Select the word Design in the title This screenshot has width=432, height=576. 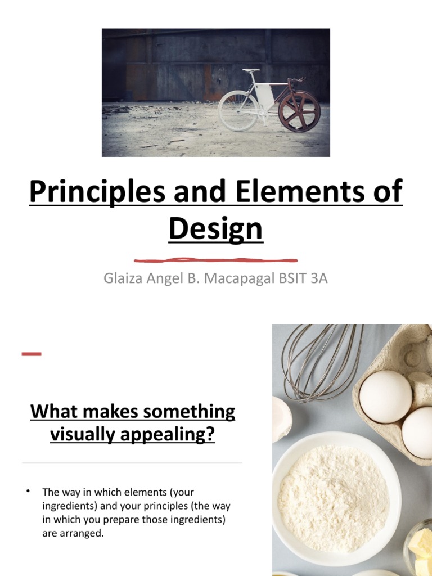click(x=215, y=229)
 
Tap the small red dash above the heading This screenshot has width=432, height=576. click(x=31, y=354)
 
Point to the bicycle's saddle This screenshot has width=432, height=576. click(x=251, y=71)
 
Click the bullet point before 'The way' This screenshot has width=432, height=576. click(x=27, y=492)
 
